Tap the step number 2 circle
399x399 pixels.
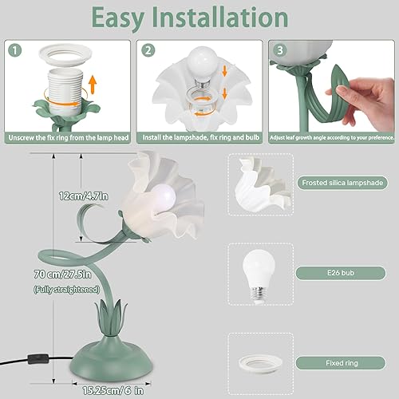tap(147, 49)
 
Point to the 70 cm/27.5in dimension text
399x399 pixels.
tap(63, 274)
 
